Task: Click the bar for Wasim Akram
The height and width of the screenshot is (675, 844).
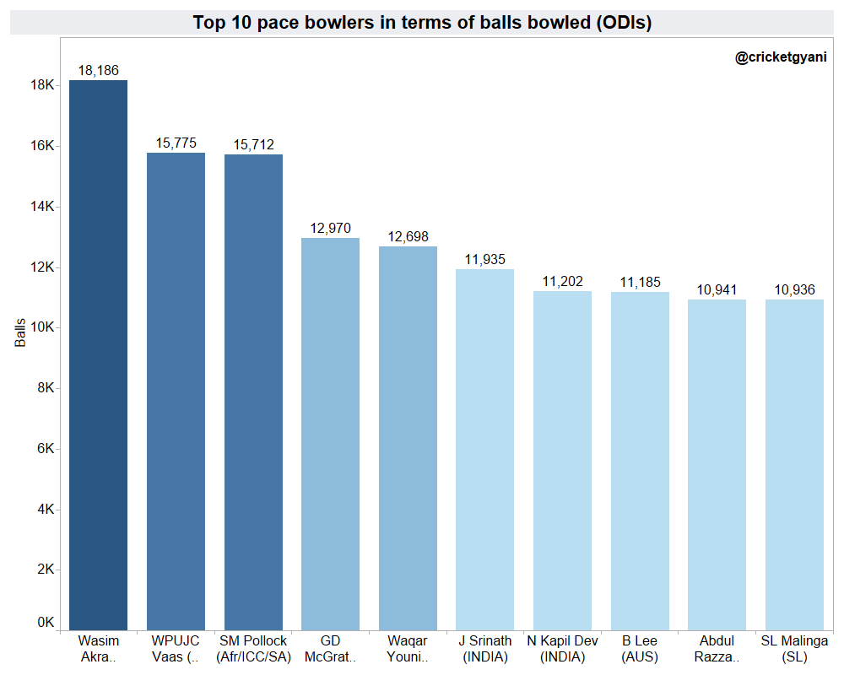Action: coord(98,354)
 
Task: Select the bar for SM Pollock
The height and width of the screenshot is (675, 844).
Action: coord(253,391)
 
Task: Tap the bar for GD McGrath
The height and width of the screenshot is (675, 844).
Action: coord(331,434)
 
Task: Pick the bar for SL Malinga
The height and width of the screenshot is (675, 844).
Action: coord(794,464)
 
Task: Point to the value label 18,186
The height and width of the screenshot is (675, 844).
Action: coord(98,71)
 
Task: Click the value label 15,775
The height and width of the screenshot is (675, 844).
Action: coord(176,143)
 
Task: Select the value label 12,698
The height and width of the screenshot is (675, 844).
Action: coord(408,237)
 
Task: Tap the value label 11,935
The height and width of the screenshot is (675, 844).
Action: coord(485,260)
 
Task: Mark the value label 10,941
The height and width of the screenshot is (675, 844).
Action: coord(717,290)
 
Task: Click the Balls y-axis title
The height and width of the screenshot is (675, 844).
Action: coord(21,332)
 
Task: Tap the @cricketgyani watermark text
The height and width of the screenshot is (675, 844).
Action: coord(781,58)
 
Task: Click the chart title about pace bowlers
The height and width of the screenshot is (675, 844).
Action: coord(422,23)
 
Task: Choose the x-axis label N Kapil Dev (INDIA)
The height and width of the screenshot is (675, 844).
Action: coord(562,649)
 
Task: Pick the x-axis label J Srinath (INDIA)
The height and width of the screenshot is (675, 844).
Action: coord(485,649)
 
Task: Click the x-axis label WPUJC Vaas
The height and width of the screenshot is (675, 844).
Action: coord(176,649)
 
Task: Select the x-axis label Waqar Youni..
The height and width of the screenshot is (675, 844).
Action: coord(408,649)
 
